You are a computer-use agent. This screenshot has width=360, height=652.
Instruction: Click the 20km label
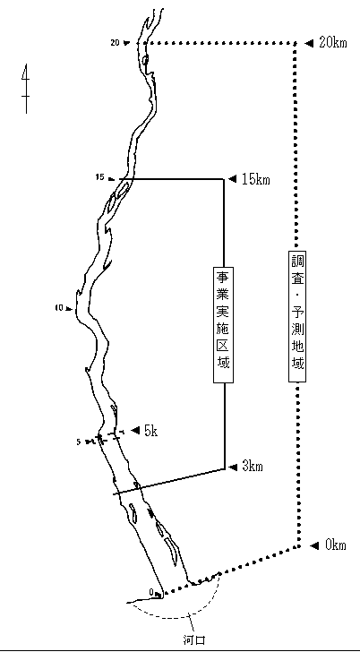(332, 43)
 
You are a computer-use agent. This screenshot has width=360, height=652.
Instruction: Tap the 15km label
(256, 179)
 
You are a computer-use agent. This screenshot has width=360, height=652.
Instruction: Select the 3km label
(253, 467)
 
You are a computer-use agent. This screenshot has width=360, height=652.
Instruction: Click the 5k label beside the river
(151, 431)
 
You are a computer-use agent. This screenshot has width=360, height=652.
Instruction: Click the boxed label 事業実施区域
(223, 324)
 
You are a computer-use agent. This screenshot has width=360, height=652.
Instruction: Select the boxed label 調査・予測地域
(297, 315)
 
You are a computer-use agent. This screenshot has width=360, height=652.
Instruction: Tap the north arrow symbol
(26, 89)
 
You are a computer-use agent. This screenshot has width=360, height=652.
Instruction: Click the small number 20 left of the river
(116, 42)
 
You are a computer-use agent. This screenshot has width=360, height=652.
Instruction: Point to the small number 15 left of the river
(99, 177)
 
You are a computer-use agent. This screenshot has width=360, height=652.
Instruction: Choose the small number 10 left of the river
(58, 308)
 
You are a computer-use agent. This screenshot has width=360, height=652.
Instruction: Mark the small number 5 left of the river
(79, 442)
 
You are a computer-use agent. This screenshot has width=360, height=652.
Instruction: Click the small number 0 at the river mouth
(151, 592)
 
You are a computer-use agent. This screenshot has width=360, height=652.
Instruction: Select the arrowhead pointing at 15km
(233, 179)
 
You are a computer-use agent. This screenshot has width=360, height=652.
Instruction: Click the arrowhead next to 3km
(233, 467)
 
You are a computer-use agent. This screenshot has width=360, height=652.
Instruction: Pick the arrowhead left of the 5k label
(135, 431)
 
